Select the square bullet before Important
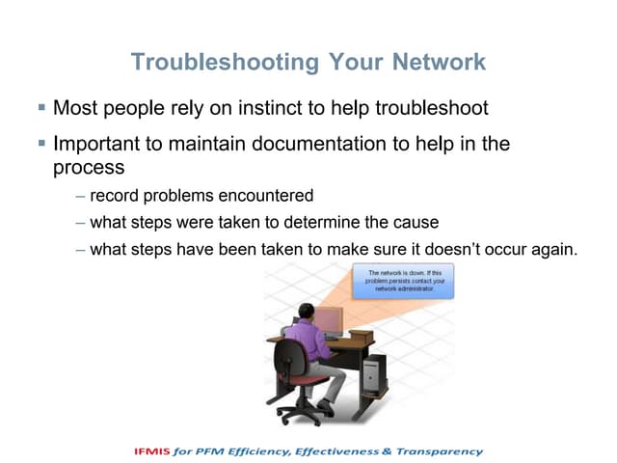[x=41, y=143]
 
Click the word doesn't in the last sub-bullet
[x=427, y=250]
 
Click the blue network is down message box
[x=402, y=281]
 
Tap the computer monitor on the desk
[x=329, y=319]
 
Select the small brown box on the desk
[x=361, y=336]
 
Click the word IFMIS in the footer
[x=155, y=451]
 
